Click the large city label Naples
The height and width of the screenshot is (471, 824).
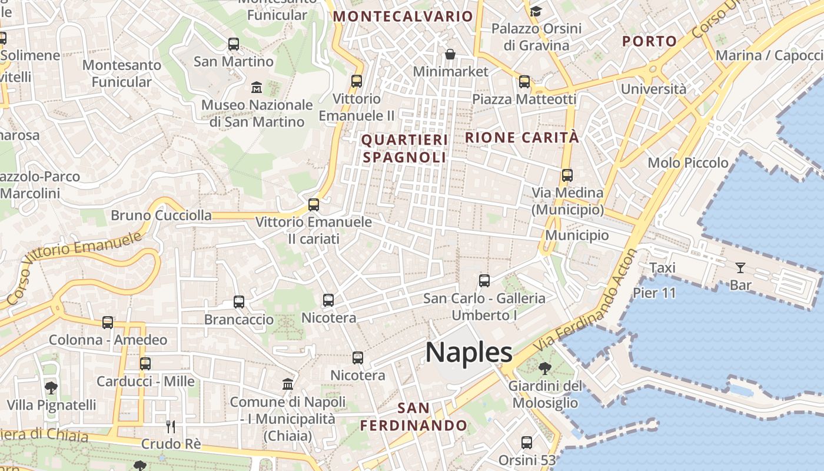point(469,353)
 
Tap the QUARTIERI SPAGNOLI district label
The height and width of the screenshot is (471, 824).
point(404,149)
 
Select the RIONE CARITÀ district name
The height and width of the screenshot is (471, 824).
point(522,138)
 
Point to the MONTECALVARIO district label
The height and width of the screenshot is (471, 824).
point(403,16)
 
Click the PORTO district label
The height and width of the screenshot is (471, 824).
point(649,41)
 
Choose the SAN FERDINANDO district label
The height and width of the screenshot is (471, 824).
point(413,417)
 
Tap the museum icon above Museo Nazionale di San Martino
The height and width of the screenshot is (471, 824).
point(257,88)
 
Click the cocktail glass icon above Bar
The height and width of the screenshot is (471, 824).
point(740,268)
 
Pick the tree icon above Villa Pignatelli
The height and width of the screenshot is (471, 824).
point(51,387)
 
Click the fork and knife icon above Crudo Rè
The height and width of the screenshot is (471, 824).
point(171,426)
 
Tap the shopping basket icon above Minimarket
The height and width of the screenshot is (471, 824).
point(450,54)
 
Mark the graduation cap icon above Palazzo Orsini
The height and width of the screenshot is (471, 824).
point(536,11)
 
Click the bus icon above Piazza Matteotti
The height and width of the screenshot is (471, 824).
point(524,82)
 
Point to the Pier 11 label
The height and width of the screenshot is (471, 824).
point(654,293)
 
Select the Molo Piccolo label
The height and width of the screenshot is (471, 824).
point(688,162)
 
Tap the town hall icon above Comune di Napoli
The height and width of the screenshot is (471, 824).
point(288,384)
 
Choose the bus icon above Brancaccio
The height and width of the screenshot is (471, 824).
point(239,302)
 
